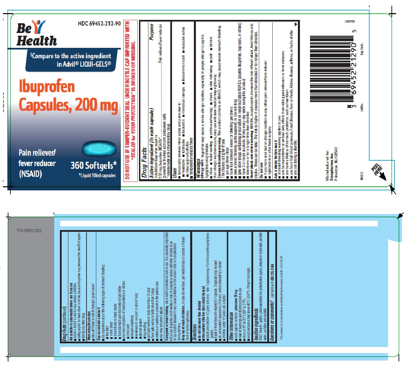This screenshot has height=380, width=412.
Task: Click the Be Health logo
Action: pos(36,33)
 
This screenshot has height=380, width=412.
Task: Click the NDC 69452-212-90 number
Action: pos(99,24)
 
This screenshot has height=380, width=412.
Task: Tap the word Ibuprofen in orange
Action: pos(47,86)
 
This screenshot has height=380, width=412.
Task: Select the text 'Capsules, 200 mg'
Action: pos(68,105)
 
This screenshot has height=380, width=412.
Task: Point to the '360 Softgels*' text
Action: pos(93,165)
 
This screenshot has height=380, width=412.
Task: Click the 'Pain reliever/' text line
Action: pos(37,153)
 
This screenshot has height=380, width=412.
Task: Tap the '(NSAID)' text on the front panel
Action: pos(30,174)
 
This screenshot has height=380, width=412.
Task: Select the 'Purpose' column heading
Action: pos(151,32)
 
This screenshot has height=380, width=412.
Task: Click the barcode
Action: pos(332,69)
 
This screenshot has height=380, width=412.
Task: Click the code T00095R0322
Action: pos(29,231)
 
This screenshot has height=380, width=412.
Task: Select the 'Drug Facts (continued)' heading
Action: pos(64,323)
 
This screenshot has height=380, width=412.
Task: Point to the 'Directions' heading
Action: pos(195,332)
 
